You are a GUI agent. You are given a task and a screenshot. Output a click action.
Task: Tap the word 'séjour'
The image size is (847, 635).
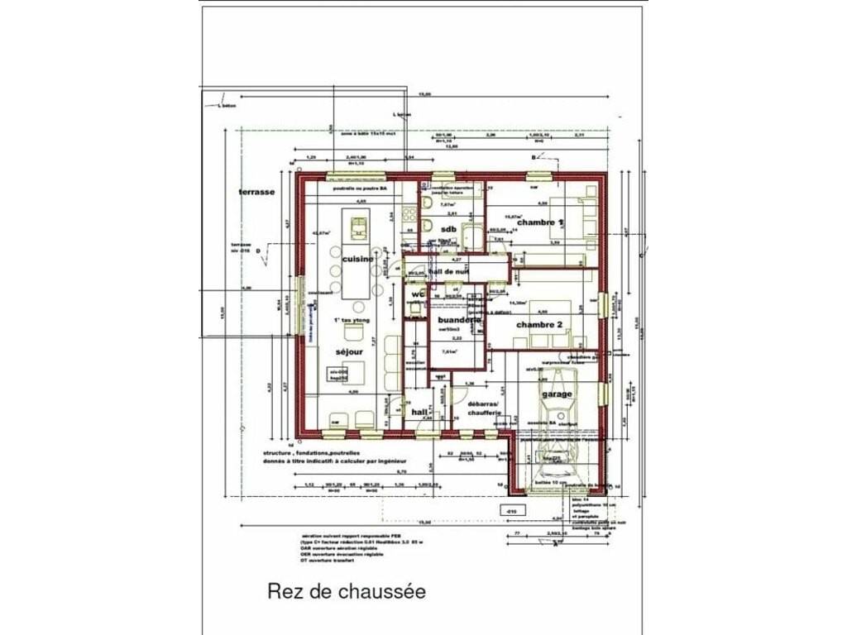(x=350, y=351)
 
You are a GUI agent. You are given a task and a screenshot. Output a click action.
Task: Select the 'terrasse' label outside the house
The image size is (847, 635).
(x=256, y=192)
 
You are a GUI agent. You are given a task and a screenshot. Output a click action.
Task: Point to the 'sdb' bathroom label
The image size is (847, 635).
(x=448, y=229)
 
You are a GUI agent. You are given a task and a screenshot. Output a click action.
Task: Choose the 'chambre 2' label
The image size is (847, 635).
(x=539, y=325)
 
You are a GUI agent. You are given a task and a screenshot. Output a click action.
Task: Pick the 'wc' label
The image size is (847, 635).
(x=418, y=294)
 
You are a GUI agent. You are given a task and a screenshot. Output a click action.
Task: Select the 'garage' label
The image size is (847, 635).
(x=557, y=394)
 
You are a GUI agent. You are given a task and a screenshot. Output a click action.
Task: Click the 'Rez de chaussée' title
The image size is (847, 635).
(x=347, y=592)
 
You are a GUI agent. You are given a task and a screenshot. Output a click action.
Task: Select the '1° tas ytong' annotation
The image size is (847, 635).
(x=351, y=320)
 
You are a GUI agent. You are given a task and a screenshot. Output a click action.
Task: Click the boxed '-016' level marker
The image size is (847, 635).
(x=511, y=512)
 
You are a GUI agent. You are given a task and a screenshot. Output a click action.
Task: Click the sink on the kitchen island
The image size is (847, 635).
(x=358, y=227)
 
